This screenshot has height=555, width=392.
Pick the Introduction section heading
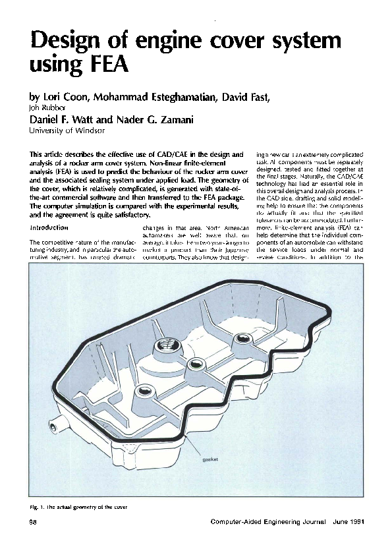49,227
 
